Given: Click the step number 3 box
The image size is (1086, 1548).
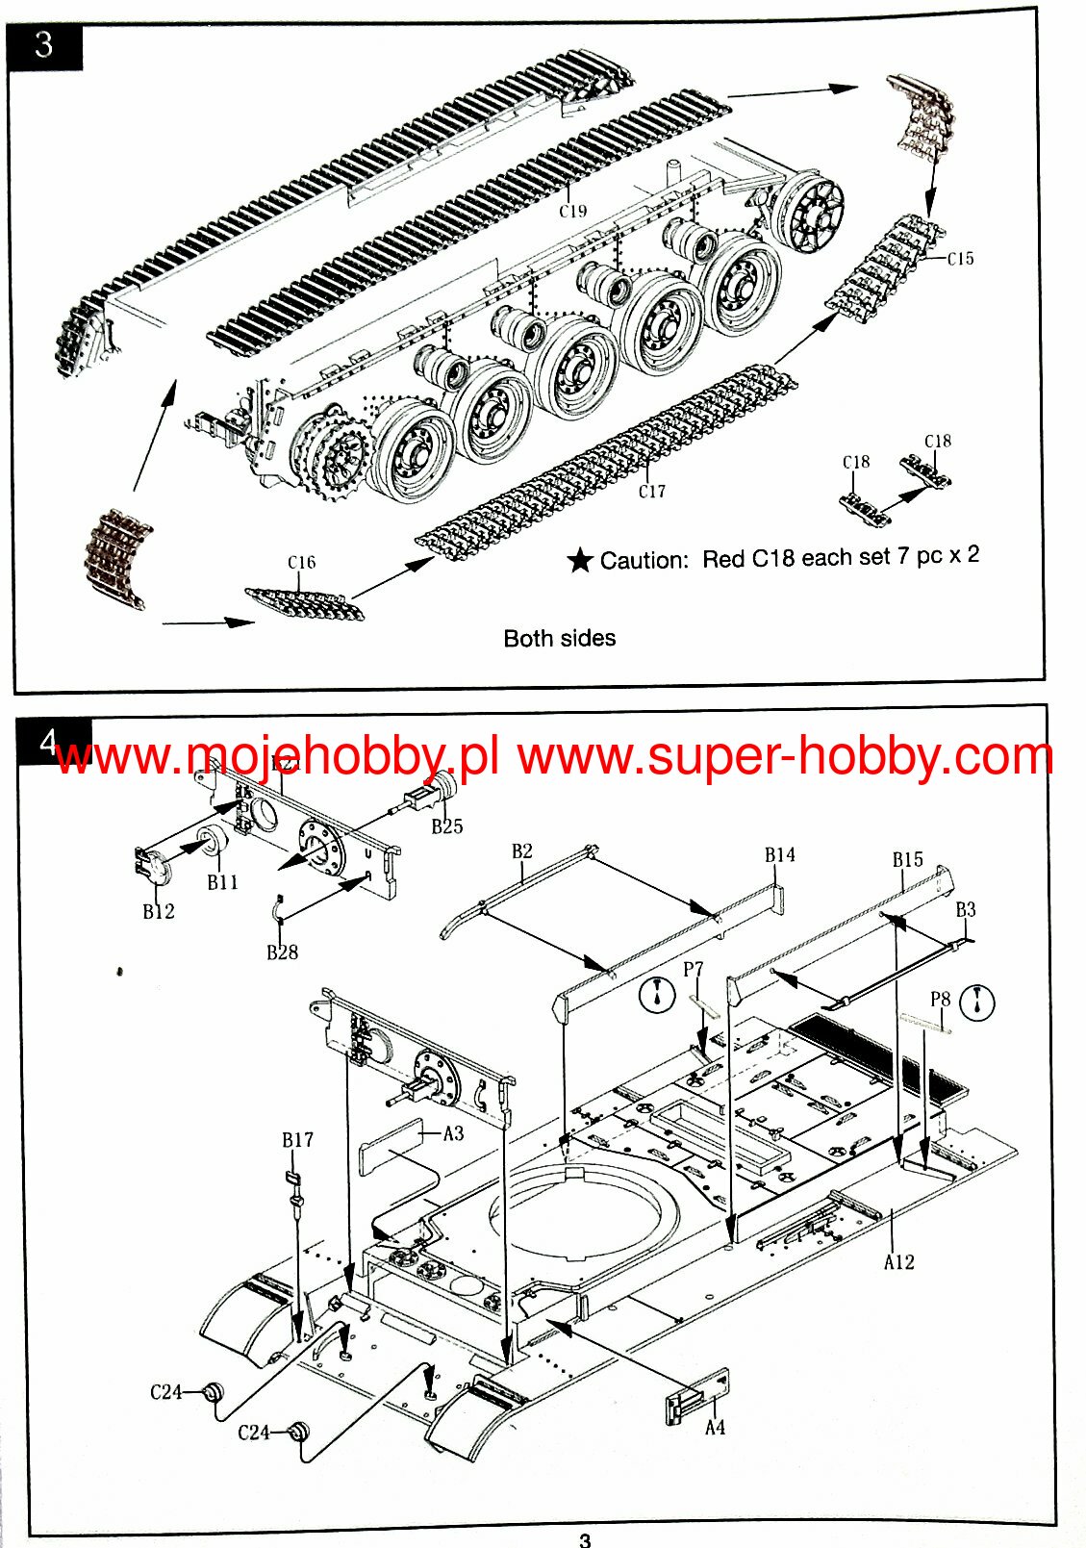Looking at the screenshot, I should (44, 45).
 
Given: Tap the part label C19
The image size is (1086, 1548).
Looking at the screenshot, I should (572, 211).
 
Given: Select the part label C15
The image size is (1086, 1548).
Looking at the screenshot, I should (960, 259).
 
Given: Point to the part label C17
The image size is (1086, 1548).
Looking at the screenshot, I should (651, 492).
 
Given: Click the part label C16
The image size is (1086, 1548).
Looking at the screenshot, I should (301, 563).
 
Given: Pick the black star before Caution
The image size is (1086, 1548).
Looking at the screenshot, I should (580, 561).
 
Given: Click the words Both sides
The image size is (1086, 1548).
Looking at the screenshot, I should (559, 638).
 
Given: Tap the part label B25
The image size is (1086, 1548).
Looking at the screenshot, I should (446, 826).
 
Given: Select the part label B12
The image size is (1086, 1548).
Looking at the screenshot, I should (159, 912).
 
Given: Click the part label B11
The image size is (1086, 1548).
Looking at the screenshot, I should (222, 882).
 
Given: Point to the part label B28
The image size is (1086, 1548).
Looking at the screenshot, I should (282, 952).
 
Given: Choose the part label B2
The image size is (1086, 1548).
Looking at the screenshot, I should (521, 851).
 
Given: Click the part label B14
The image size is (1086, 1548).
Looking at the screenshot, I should (779, 855).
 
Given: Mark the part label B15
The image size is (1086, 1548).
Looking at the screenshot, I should (907, 860).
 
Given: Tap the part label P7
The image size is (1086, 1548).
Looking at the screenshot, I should (693, 970).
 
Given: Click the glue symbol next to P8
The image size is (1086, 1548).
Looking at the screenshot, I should (977, 1002).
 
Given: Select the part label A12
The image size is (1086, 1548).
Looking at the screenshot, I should (898, 1262).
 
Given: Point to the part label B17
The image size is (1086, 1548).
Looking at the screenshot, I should (297, 1140).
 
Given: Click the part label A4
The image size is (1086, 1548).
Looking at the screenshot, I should (715, 1428).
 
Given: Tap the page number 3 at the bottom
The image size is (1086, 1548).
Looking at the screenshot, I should (585, 1539).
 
